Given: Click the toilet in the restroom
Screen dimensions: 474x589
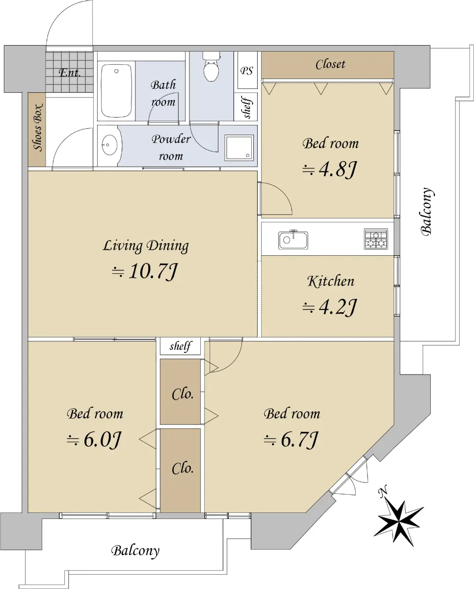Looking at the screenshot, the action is coord(211,67).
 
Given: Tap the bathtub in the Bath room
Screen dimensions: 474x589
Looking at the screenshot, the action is coord(116,91).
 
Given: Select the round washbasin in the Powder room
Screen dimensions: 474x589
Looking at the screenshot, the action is coord(110,145).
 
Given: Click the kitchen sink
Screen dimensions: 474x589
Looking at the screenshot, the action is coord(293,240).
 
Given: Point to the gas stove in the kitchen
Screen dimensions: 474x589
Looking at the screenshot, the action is coord(376,239).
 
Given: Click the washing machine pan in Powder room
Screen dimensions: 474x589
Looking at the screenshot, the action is coord(239,148).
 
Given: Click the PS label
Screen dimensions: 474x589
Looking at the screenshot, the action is coord(247,71).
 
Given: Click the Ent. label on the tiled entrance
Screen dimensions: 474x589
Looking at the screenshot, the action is coord(70,73).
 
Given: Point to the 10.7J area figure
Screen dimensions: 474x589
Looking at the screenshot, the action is coord(145,271).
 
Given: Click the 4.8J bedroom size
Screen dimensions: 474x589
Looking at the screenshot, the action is coord(330,170).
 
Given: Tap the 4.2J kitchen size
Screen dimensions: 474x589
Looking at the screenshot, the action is coord(330,307).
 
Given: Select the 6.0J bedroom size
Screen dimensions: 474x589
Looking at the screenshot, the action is coord(94,440).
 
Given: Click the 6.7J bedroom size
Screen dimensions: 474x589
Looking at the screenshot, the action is coord(291,440).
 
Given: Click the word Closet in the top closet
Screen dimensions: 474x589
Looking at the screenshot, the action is coord(330,64).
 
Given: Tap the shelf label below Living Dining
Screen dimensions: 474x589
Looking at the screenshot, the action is coord(181,346).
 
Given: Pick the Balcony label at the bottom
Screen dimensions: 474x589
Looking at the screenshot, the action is coord(135,550).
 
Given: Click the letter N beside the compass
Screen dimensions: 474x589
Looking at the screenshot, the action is coord(383,491).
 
